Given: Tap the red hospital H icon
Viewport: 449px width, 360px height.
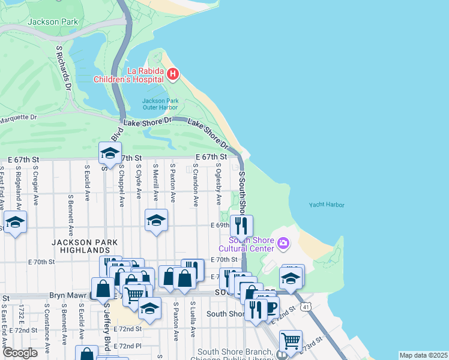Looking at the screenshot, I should click(x=173, y=74).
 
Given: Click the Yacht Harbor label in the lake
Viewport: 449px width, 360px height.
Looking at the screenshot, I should click(x=327, y=205).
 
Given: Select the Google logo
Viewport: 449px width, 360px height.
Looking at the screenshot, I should click(x=20, y=353).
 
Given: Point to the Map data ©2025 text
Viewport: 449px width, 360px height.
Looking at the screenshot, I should click(x=423, y=355).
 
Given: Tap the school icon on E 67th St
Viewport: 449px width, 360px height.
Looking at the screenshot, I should click(x=110, y=154).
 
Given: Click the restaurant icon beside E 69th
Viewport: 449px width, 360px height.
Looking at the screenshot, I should click(x=241, y=226).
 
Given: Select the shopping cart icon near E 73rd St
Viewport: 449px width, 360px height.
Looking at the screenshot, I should click(x=291, y=341).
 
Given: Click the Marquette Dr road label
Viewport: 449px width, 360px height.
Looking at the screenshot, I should click(x=18, y=118).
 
